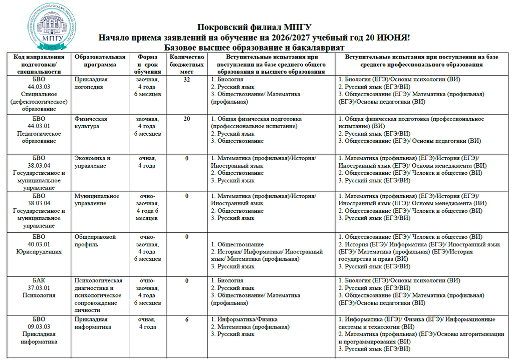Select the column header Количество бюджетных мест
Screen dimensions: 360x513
coord(186,64)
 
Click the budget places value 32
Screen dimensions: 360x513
coord(186,80)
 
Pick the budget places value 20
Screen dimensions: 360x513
coord(186,119)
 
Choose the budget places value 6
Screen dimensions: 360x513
coord(186,319)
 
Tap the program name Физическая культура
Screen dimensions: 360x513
coord(91,123)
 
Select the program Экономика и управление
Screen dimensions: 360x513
coord(92,162)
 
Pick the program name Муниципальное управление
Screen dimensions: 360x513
coord(97,200)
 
